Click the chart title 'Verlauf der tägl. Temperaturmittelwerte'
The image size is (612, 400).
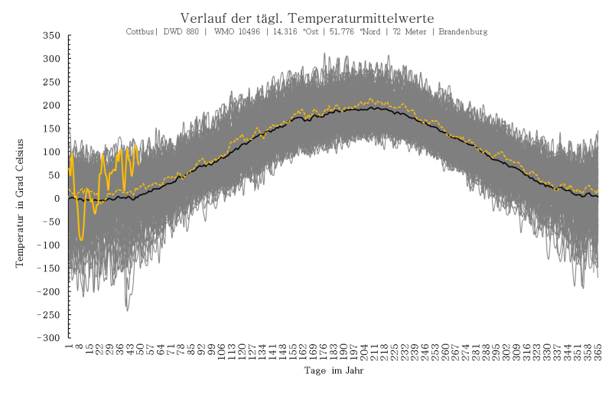coord(307,18)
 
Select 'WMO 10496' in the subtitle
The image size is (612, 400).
coord(233,32)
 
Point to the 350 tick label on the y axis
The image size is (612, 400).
coord(52,36)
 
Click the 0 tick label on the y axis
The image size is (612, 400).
coord(57,199)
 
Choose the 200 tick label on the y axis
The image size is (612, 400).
coord(52,106)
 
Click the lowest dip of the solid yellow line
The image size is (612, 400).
coord(81,240)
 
